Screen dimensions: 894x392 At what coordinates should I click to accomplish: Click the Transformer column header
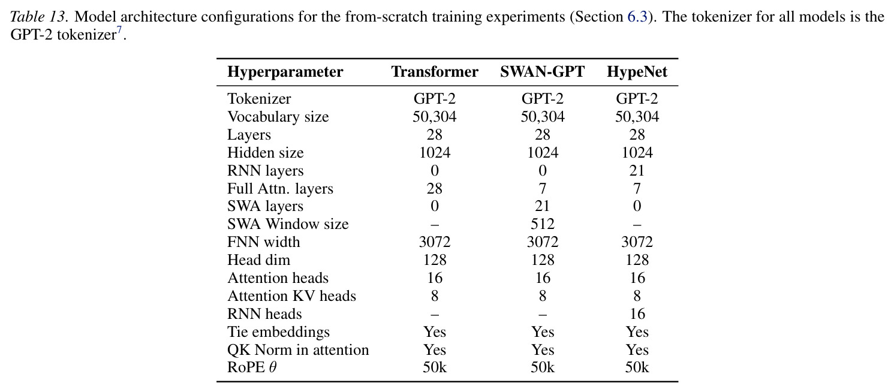click(x=435, y=72)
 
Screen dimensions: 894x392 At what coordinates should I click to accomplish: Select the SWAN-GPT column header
click(x=543, y=72)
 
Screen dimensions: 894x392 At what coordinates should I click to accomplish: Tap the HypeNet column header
click(x=637, y=72)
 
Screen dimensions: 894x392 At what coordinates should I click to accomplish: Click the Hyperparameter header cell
click(x=285, y=72)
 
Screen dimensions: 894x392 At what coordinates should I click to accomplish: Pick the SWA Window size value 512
click(x=543, y=224)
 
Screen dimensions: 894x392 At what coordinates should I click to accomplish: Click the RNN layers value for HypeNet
click(x=637, y=171)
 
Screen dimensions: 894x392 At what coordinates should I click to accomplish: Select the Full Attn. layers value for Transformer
click(x=435, y=189)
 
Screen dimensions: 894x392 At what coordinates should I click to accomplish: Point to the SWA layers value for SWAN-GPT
click(x=543, y=206)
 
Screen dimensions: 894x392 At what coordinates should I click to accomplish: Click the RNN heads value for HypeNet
click(x=637, y=314)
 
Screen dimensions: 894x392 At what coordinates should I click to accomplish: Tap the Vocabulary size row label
click(x=278, y=117)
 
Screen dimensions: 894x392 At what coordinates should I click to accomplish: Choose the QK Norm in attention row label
click(x=298, y=349)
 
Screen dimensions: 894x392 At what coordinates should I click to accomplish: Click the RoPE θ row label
click(x=252, y=367)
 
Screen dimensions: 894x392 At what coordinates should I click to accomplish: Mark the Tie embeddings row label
click(x=278, y=332)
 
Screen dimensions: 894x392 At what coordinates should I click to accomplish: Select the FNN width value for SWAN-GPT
click(x=543, y=242)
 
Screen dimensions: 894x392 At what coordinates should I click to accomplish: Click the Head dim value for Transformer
click(x=435, y=260)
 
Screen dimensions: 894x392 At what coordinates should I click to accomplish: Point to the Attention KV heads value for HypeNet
click(x=637, y=296)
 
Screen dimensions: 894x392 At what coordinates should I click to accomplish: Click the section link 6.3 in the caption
click(x=637, y=17)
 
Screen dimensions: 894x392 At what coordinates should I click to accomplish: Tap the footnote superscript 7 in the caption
click(x=119, y=30)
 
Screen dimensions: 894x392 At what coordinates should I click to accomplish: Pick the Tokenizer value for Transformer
click(x=435, y=98)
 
